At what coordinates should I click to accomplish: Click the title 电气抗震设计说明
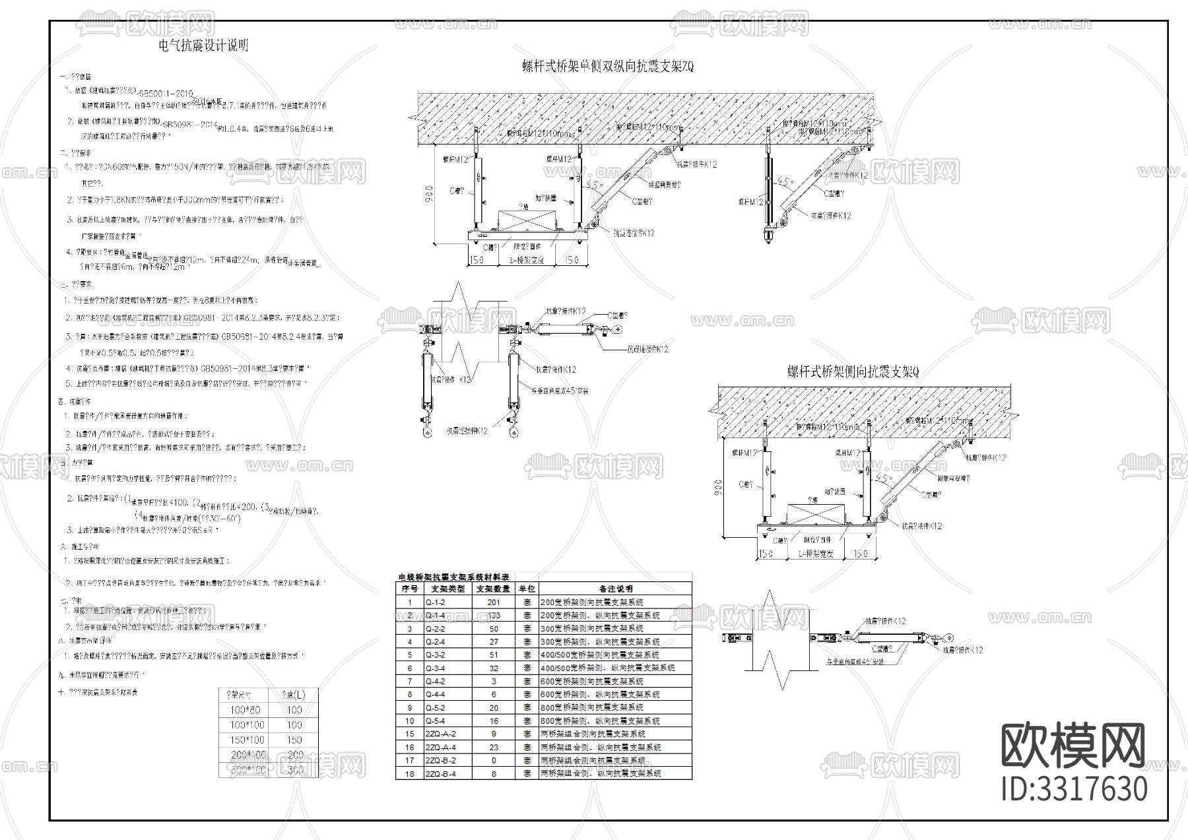coord(203,46)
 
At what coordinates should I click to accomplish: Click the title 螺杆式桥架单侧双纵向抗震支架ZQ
coord(607,66)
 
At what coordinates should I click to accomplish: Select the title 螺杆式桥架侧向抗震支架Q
coord(853,372)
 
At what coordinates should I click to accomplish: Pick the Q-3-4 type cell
coord(436,668)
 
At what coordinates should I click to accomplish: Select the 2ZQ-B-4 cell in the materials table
coord(440,773)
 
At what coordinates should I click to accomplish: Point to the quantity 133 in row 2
coord(494,615)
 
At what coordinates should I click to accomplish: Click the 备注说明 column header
coord(615,589)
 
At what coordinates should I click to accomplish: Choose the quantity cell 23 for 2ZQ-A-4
coord(494,747)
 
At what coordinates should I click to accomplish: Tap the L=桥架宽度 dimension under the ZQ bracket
coord(527,260)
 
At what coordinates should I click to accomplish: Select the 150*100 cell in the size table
coord(247,740)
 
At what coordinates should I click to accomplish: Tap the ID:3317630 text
coord(1074,789)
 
